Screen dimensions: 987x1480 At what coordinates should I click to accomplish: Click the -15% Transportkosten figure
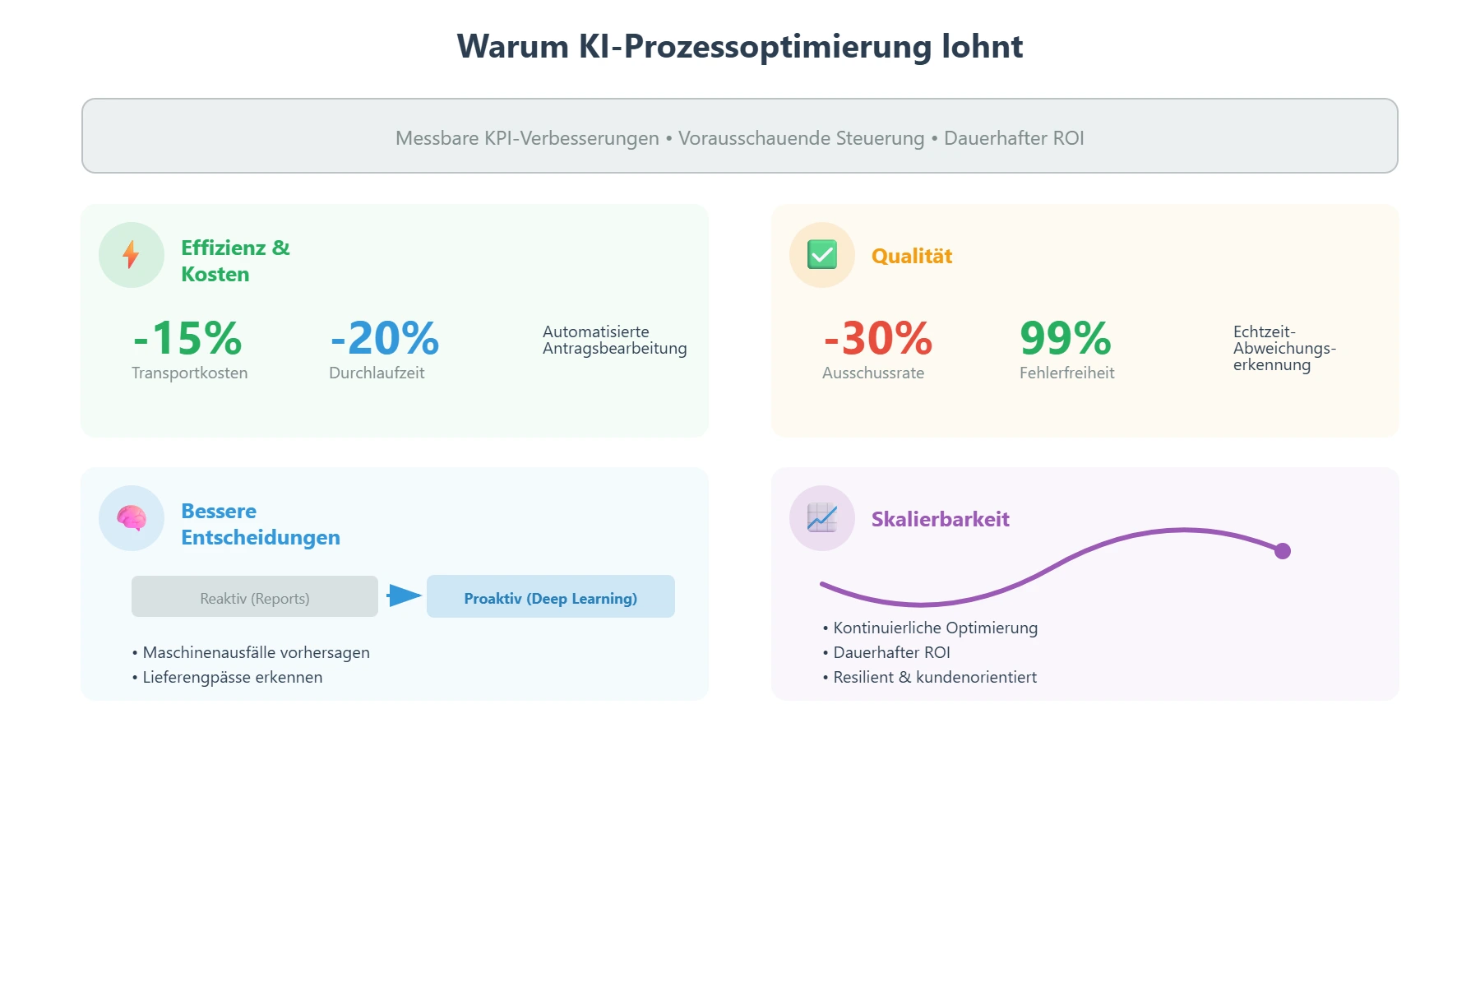[188, 338]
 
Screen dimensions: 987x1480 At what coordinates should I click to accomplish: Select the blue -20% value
[385, 338]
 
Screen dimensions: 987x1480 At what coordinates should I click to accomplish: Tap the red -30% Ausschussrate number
[878, 338]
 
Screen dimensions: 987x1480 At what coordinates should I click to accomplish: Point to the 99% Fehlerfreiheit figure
[1066, 338]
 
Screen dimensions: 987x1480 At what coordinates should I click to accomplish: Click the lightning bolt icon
[131, 255]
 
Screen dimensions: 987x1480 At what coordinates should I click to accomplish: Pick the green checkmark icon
[821, 255]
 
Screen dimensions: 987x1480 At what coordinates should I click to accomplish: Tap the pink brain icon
[131, 518]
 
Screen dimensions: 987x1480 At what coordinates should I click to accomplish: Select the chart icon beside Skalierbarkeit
[821, 518]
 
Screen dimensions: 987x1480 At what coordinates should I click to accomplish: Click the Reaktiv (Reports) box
[255, 597]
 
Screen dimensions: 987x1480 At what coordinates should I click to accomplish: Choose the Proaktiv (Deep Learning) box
[551, 597]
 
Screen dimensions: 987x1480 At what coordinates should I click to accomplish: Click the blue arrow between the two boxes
[404, 595]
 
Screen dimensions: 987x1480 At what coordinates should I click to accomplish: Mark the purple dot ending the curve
[1282, 551]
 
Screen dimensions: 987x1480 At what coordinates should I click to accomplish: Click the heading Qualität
[912, 257]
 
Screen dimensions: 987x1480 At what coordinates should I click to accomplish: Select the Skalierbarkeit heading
[940, 520]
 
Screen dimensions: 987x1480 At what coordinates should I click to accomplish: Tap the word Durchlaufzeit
[377, 373]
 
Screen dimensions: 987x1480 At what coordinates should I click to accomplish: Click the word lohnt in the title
[982, 47]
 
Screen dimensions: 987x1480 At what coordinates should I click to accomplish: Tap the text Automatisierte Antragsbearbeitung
[614, 341]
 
